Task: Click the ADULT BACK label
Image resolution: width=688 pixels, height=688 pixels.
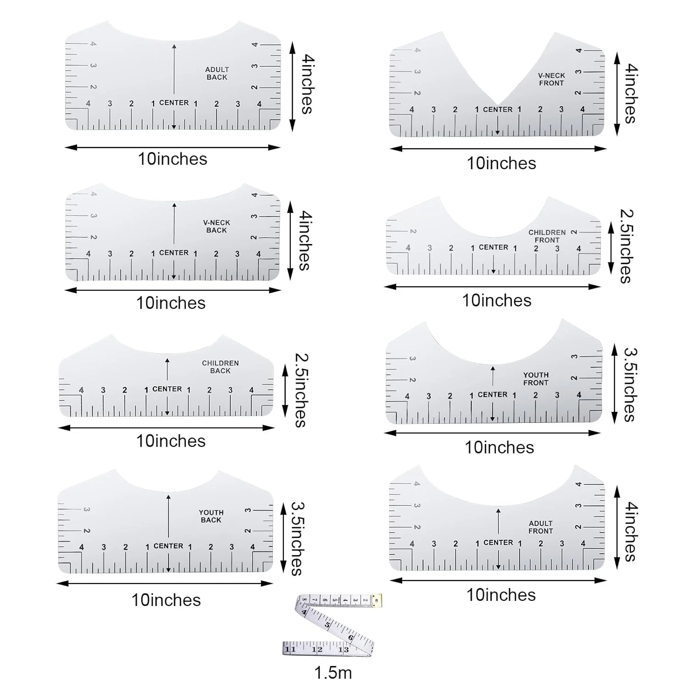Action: (217, 73)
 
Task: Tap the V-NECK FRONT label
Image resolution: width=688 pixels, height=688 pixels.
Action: (551, 79)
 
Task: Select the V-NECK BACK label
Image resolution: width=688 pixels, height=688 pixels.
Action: (216, 227)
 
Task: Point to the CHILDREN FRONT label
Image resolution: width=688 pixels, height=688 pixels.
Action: (547, 236)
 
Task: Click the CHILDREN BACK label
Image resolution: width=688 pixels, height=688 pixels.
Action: (220, 367)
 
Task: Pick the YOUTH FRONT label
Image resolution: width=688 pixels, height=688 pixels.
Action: (536, 379)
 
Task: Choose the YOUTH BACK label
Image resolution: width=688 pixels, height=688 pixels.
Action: (211, 516)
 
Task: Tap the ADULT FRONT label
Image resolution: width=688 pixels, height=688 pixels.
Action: (541, 527)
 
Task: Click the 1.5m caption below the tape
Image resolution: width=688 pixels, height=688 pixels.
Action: (333, 673)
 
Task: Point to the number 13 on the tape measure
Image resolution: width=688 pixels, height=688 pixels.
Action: (344, 649)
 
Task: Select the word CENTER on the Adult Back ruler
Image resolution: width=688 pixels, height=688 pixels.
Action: (174, 103)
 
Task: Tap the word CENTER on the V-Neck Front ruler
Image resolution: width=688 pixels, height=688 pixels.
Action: (498, 110)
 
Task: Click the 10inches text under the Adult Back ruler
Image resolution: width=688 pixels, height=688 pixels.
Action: (172, 159)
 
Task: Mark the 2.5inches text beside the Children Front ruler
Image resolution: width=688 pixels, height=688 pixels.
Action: (627, 246)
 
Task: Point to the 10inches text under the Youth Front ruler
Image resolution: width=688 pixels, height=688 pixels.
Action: (499, 448)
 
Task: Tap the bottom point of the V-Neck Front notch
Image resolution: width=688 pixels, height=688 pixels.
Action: (498, 105)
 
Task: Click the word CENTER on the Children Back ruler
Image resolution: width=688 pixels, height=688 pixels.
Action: (167, 389)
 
